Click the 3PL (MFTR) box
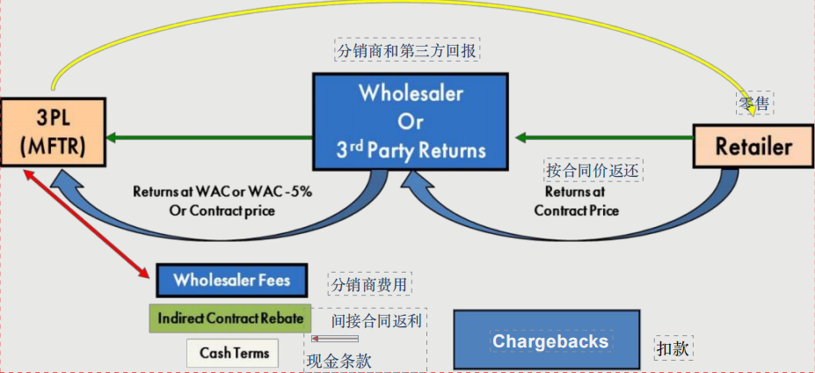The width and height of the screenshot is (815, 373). click(x=52, y=132)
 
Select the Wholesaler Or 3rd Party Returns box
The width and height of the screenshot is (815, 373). click(x=411, y=121)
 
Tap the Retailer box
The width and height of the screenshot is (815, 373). click(x=753, y=146)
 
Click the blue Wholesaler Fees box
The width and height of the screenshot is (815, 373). click(x=232, y=281)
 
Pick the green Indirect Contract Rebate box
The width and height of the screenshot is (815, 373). click(x=230, y=318)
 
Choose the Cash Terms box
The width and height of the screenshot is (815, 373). click(x=233, y=353)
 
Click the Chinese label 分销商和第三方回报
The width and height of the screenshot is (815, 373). click(x=407, y=50)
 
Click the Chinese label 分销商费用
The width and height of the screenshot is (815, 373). click(x=370, y=285)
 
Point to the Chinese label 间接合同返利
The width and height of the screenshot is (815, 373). click(x=379, y=320)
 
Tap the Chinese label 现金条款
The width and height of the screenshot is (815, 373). click(x=338, y=360)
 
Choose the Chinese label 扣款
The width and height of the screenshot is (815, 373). click(x=674, y=347)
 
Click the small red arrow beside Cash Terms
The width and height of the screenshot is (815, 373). click(x=334, y=339)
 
